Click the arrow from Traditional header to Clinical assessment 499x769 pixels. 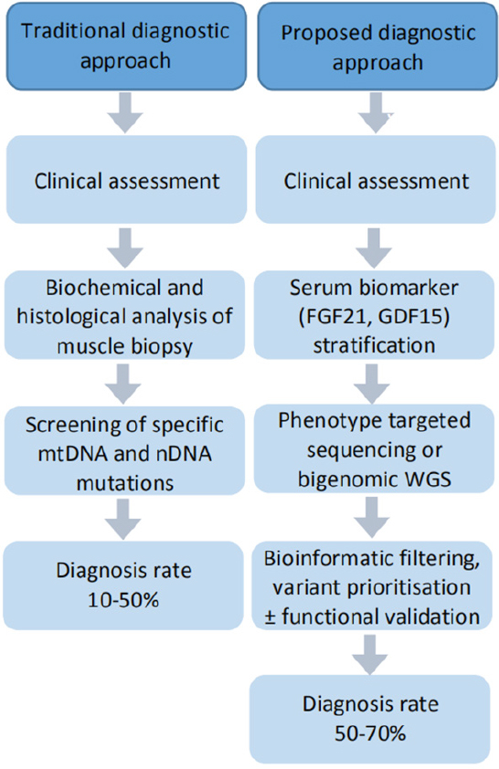pyautogui.click(x=124, y=111)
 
